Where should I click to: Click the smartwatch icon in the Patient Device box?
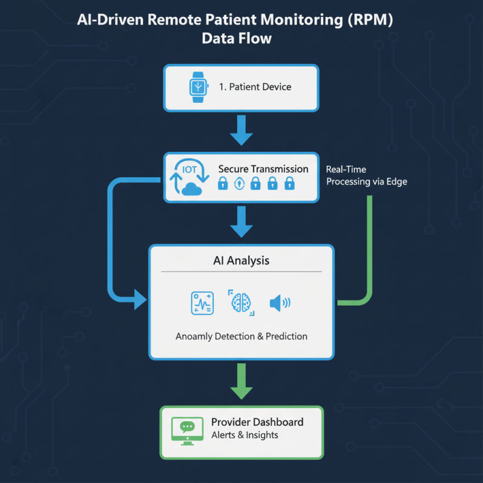197,87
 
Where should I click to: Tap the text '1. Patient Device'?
255,87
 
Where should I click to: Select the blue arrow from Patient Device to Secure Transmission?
241,130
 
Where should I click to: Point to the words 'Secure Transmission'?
263,169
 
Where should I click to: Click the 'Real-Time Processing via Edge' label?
366,176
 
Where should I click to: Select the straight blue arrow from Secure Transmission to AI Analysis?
241,222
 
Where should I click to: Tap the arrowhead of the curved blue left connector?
140,298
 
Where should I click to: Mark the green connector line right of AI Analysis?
369,254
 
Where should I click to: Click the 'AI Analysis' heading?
241,261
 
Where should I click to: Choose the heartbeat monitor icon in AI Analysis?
202,303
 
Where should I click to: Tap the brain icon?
241,302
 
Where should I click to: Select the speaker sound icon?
279,302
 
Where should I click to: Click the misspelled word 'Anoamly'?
194,336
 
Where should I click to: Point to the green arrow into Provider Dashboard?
241,382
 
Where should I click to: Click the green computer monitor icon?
186,429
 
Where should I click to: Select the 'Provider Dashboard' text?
257,422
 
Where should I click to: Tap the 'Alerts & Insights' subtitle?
245,436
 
